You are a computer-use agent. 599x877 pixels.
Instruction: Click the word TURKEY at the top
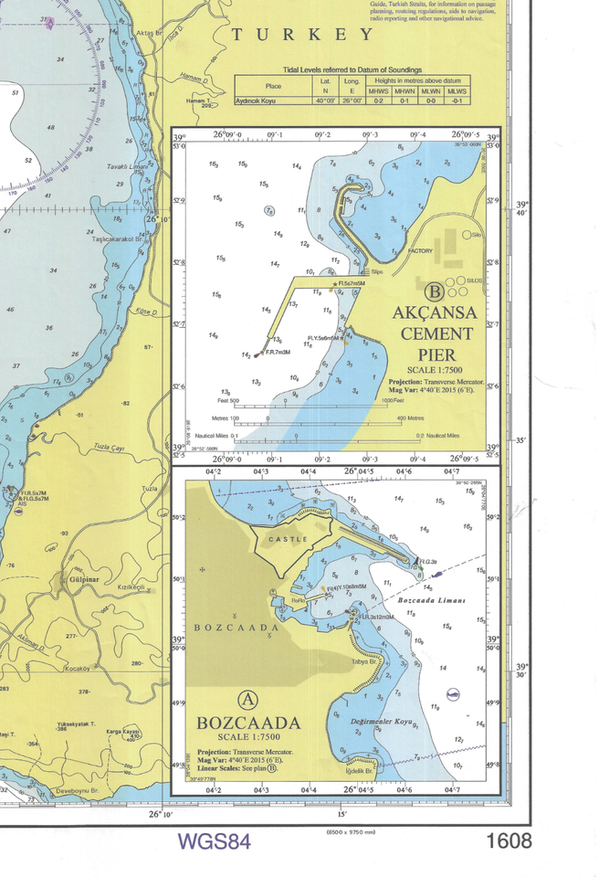coord(302,35)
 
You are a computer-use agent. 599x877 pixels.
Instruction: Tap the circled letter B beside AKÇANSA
coord(435,292)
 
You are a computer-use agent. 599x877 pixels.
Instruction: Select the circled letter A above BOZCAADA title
coord(247,700)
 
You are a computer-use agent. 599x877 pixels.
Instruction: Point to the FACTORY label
coord(420,250)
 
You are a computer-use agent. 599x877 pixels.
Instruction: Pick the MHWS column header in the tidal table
coord(378,91)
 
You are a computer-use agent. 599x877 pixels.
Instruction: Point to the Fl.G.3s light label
coord(429,561)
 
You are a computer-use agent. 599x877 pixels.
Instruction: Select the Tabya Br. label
coord(363,663)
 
